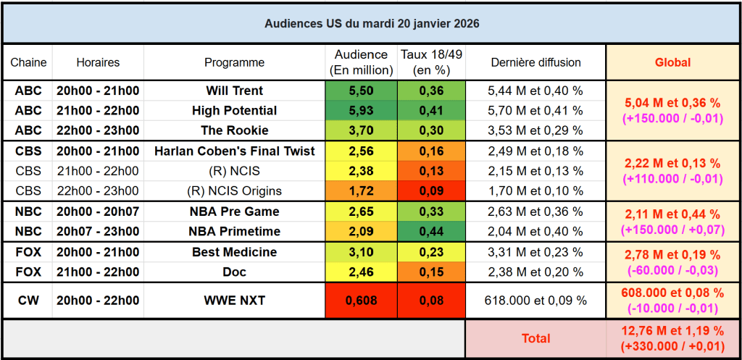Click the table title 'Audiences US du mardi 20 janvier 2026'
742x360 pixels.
pos(371,23)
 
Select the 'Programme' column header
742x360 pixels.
pos(234,62)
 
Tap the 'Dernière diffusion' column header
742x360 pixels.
pos(535,62)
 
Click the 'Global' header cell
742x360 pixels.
pos(672,62)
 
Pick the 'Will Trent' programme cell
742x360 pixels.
pos(234,91)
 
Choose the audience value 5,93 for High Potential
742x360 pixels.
pos(361,111)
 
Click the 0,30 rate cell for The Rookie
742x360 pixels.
pos(432,130)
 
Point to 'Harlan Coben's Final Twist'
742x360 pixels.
pos(234,151)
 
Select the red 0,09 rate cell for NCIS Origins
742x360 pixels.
pos(432,191)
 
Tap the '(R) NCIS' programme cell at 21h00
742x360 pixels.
pos(234,172)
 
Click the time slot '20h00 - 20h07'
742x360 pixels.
pos(98,212)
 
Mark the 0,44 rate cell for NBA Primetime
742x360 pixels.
pos(432,232)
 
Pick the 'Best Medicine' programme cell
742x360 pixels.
pos(234,252)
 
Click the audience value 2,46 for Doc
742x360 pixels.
pos(361,272)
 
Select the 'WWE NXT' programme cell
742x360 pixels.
pos(234,300)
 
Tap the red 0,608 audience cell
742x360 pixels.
pos(361,300)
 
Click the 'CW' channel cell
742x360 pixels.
pos(28,300)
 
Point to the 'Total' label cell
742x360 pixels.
pos(535,338)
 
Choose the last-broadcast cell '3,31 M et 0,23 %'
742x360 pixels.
pos(535,252)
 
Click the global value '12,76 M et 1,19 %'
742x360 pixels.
pos(672,332)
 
